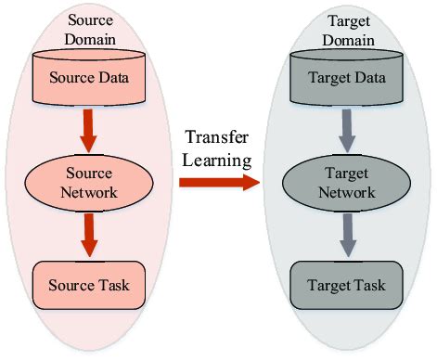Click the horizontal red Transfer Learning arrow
coord(218,182)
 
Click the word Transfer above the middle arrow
coord(218,139)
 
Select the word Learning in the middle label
coord(218,160)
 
